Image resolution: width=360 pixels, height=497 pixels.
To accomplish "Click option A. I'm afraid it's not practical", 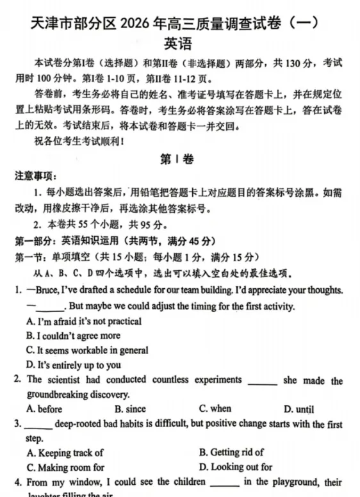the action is pos(84,322).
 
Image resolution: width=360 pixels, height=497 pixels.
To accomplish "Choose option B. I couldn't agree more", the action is pos(73,336).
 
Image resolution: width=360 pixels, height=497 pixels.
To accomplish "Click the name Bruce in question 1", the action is pos(47,290).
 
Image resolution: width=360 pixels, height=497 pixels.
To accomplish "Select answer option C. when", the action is pos(215,409).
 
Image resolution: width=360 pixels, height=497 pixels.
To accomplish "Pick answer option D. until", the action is pos(300,409).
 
